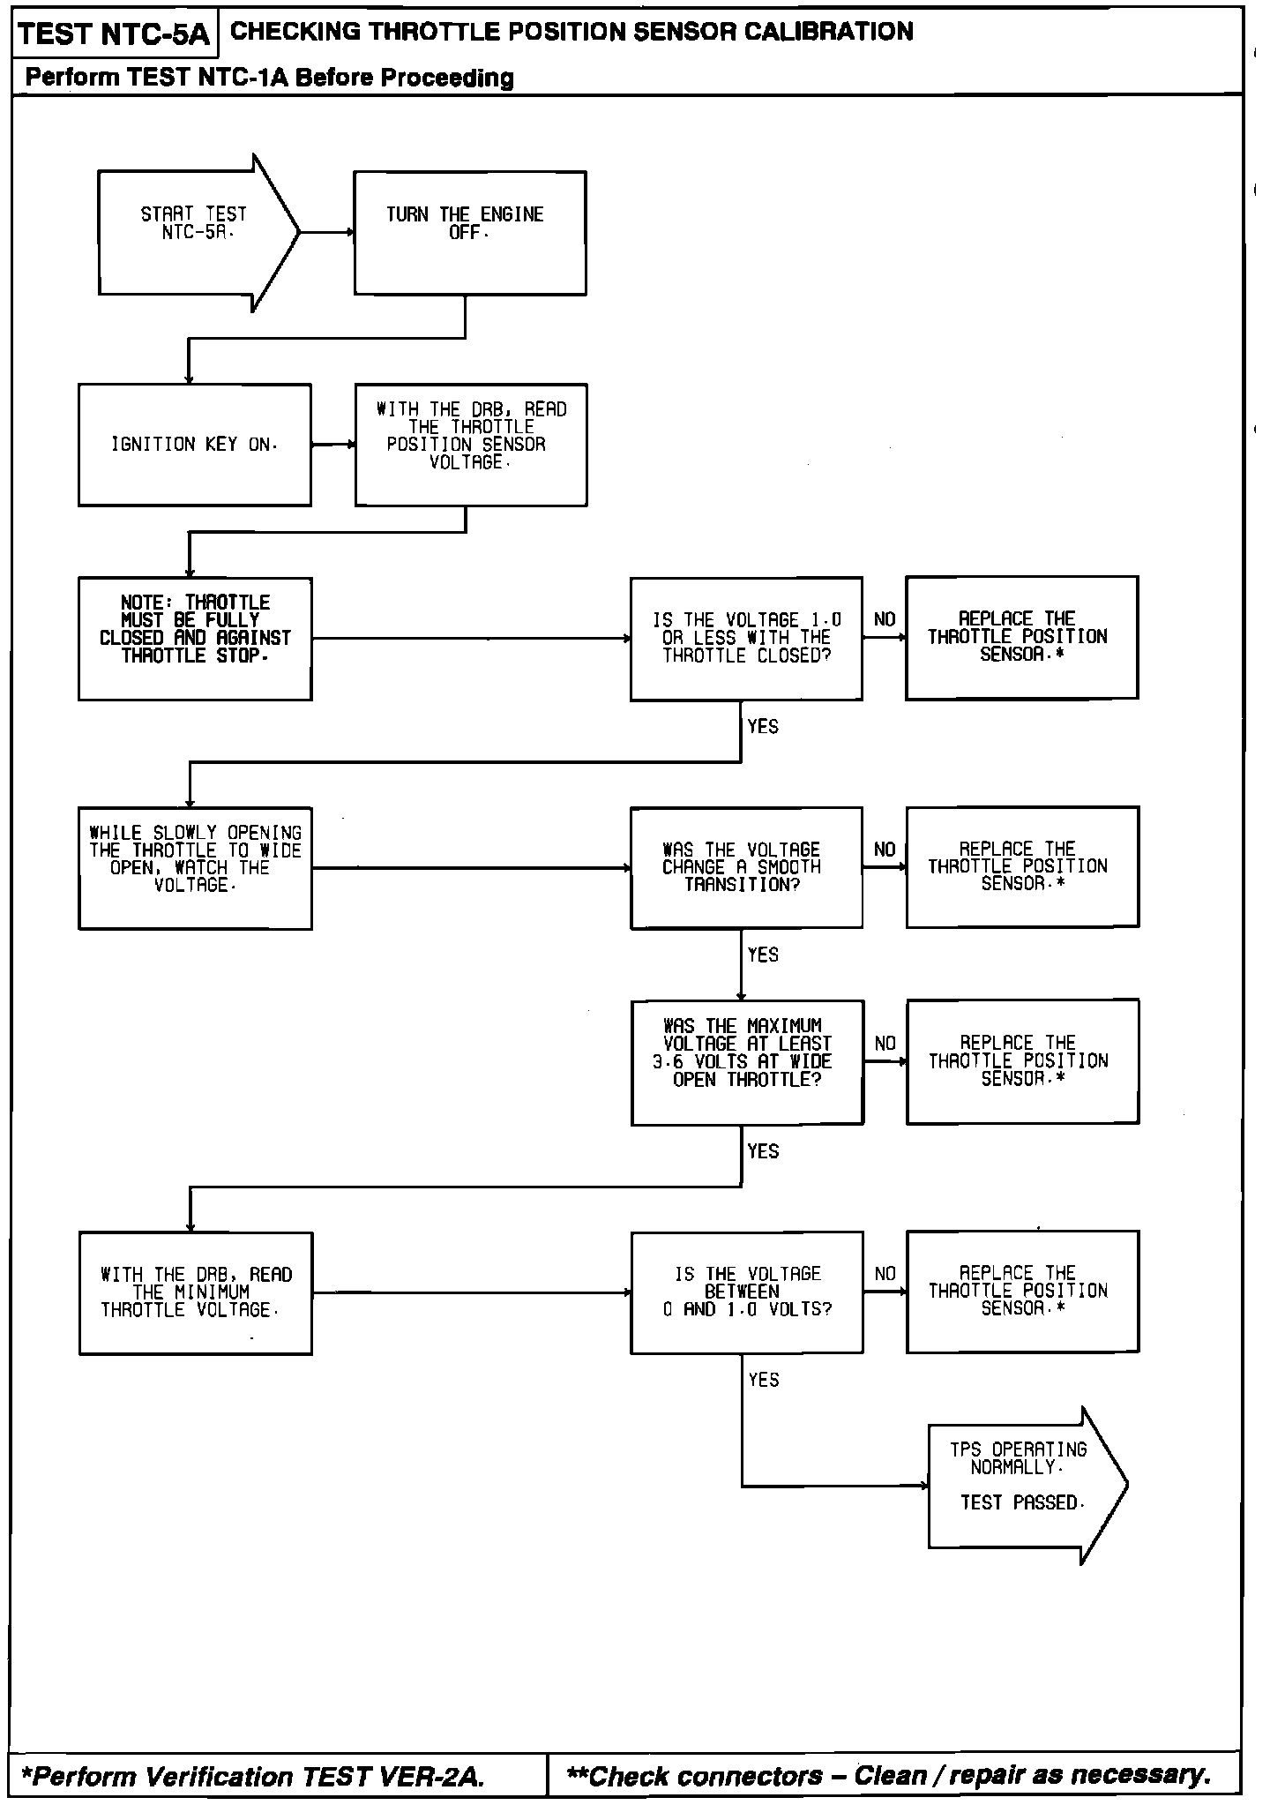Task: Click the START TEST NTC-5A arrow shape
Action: pyautogui.click(x=194, y=233)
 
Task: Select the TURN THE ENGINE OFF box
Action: pyautogui.click(x=470, y=233)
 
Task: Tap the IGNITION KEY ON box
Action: pyautogui.click(x=194, y=445)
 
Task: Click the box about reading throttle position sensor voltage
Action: pyautogui.click(x=471, y=445)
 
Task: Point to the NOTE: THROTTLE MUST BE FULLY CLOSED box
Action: pyautogui.click(x=195, y=639)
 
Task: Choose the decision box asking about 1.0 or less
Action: pyautogui.click(x=746, y=639)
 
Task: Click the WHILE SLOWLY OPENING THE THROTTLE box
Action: pyautogui.click(x=195, y=868)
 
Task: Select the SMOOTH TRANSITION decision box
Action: pyautogui.click(x=746, y=868)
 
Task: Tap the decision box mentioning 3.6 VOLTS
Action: pyautogui.click(x=747, y=1062)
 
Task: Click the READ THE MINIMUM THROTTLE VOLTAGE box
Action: pyautogui.click(x=195, y=1292)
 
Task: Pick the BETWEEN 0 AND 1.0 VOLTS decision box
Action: pyautogui.click(x=747, y=1292)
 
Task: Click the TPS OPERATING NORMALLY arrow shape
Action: pyautogui.click(x=1023, y=1486)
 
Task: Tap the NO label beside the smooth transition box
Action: pyautogui.click(x=885, y=850)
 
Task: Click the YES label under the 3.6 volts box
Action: pyautogui.click(x=763, y=1151)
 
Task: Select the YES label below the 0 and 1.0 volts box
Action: pyautogui.click(x=764, y=1380)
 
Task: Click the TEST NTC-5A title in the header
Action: pyautogui.click(x=114, y=34)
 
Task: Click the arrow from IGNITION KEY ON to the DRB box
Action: pyautogui.click(x=332, y=445)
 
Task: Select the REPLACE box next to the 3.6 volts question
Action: pyautogui.click(x=1022, y=1061)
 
